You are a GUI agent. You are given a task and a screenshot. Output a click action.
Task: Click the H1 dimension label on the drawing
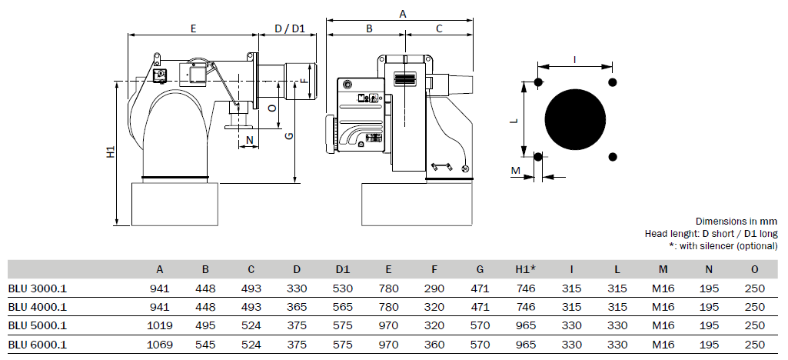[x=111, y=152]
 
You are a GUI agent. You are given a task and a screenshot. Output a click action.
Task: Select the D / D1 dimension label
[x=290, y=28]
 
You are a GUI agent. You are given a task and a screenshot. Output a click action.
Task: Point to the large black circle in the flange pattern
[x=575, y=119]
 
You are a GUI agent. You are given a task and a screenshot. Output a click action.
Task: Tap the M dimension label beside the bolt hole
[x=516, y=171]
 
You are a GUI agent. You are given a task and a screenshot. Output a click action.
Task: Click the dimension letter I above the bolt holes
[x=575, y=60]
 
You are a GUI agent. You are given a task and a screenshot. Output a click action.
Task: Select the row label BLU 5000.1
[x=37, y=326]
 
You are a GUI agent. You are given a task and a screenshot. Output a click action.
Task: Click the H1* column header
[x=526, y=269]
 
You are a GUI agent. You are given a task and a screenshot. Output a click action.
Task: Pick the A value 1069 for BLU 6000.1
[x=160, y=345]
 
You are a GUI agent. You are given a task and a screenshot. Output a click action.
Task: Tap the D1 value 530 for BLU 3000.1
[x=343, y=288]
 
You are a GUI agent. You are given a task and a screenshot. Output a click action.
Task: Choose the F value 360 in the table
[x=434, y=345]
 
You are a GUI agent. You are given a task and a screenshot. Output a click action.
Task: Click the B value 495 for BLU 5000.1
[x=205, y=326]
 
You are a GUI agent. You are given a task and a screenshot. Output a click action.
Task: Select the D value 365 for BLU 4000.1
[x=297, y=307]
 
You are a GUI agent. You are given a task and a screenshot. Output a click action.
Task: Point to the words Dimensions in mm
[x=736, y=222]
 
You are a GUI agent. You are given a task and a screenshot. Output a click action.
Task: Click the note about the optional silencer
[x=723, y=246]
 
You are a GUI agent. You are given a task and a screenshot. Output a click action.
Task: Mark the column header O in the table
[x=755, y=269]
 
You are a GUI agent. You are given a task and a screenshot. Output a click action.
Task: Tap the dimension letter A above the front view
[x=403, y=15]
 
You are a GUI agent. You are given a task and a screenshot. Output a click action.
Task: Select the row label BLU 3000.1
[x=37, y=288]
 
